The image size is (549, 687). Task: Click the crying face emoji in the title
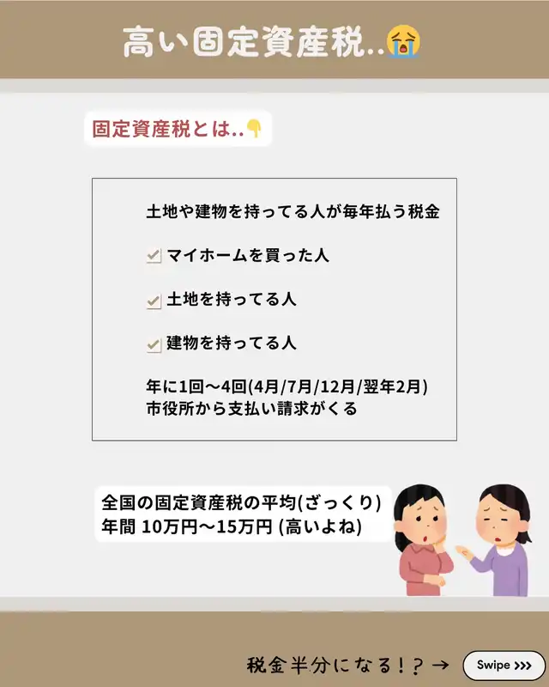click(x=403, y=41)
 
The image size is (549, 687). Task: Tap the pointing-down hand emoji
click(x=254, y=128)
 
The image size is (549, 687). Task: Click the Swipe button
click(x=504, y=666)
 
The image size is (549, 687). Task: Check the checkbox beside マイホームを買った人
click(x=154, y=255)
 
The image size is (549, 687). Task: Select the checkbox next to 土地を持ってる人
click(x=154, y=301)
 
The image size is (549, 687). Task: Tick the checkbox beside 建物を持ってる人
click(x=154, y=345)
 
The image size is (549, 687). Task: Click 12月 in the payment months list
click(x=337, y=387)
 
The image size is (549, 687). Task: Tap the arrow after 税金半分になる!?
click(x=440, y=665)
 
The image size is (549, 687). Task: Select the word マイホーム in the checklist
click(x=207, y=255)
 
